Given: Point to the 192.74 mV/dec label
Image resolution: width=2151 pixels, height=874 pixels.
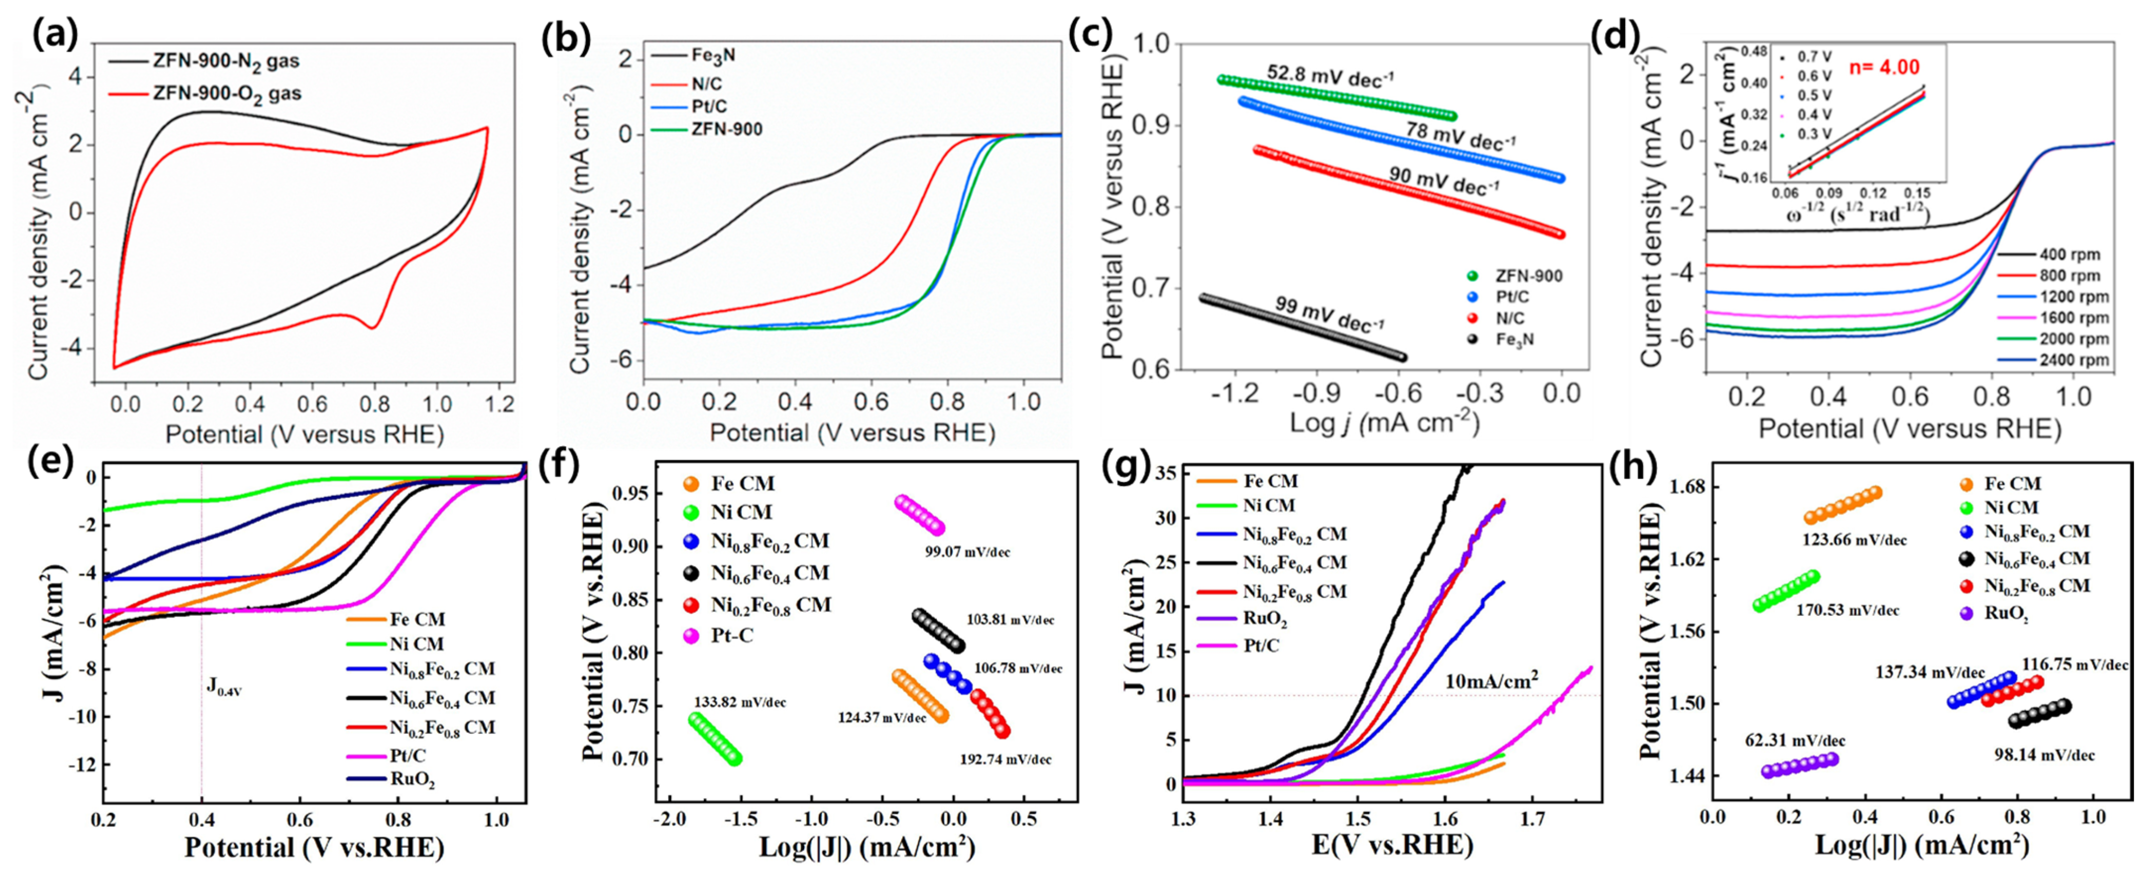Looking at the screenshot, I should click(x=1005, y=759).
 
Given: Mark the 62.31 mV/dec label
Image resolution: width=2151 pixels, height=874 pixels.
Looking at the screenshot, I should click(x=1795, y=740).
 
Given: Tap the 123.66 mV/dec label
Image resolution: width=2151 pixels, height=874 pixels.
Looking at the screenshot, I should click(x=1854, y=540).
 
